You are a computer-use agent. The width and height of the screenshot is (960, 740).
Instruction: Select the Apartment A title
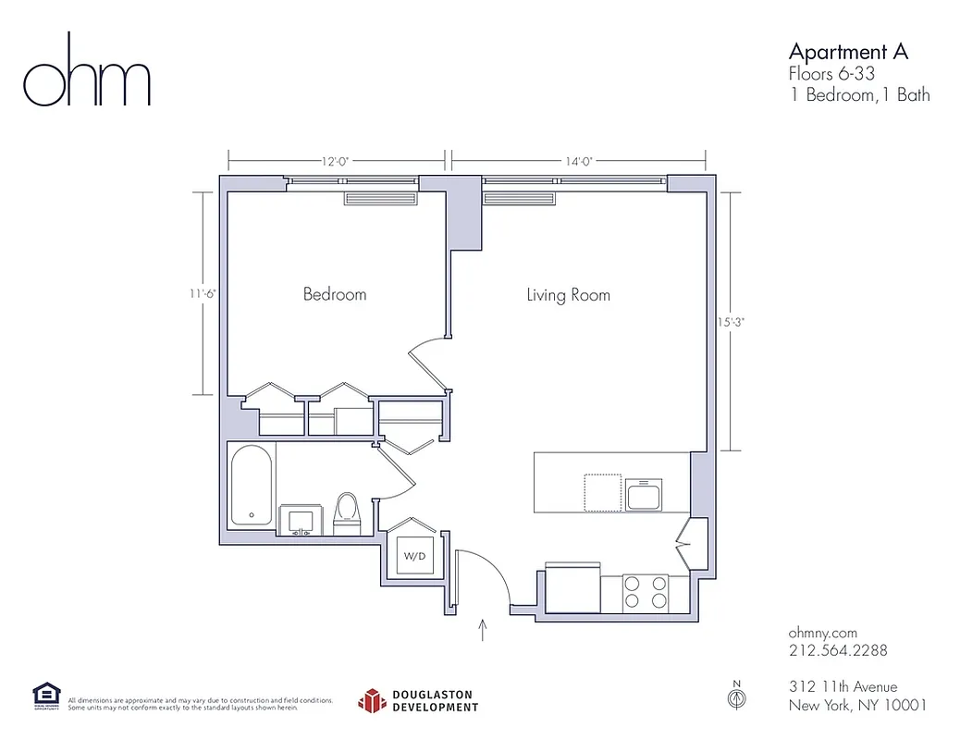[848, 51]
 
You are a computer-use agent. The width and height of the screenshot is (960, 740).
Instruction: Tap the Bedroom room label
[335, 294]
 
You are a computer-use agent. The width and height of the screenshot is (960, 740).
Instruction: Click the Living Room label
[568, 295]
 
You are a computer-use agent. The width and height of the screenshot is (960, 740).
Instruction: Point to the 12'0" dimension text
[335, 161]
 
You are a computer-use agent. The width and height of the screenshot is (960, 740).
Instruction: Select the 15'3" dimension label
[730, 323]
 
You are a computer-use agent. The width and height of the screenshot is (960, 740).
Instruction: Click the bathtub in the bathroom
[251, 487]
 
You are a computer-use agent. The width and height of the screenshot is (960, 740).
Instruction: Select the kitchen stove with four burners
[646, 592]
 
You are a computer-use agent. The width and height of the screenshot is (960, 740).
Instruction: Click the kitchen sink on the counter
[644, 495]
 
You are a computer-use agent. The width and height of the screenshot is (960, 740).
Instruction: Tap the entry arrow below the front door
[483, 631]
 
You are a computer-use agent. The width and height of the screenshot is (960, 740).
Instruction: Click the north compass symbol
[737, 698]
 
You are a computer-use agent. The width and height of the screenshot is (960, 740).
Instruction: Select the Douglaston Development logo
[419, 701]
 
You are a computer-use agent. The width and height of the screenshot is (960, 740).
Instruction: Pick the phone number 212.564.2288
[838, 650]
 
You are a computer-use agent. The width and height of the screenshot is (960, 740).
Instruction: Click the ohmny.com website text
[822, 633]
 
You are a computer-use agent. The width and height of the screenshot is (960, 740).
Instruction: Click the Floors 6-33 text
[831, 74]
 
